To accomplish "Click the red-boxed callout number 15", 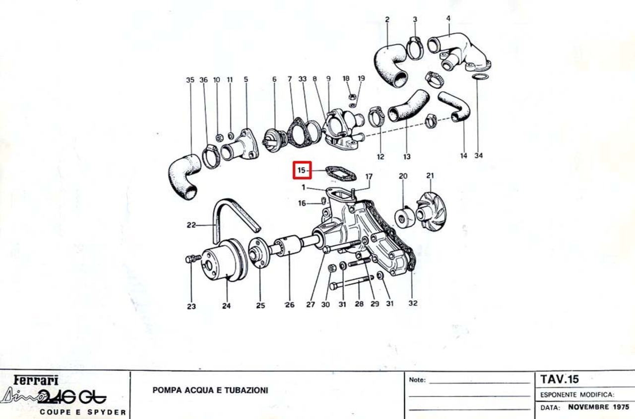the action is coord(302,170).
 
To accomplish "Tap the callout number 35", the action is coord(190,80).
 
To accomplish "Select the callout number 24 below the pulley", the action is coord(226,306).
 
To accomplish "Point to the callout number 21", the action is coord(430,176).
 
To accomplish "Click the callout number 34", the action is coord(478,156).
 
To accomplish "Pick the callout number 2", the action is coord(387,20).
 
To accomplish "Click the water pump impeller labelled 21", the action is coord(430,211).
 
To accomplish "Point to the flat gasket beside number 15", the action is coord(341,174).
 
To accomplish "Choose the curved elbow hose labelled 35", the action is coord(184,175).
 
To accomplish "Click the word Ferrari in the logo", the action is coord(36,380).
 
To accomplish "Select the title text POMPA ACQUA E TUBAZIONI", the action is coord(210,390).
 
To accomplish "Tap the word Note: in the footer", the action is coord(418,380).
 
